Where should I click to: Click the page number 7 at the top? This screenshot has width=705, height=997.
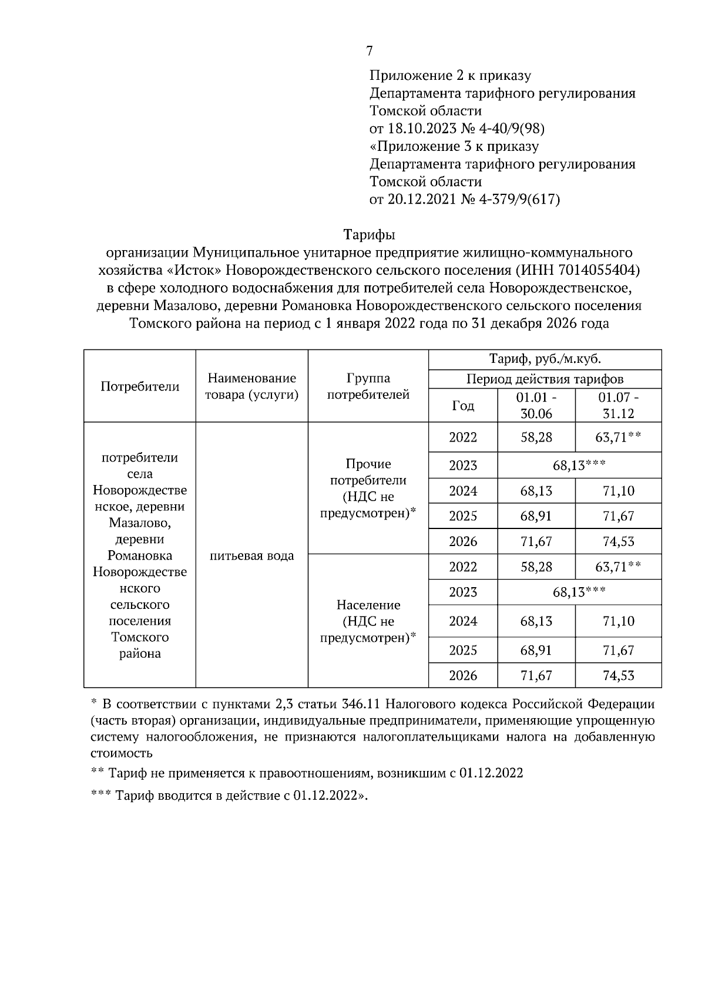pyautogui.click(x=369, y=51)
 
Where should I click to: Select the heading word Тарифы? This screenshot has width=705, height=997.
pyautogui.click(x=369, y=235)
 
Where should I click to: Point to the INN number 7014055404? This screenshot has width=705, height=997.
pyautogui.click(x=600, y=270)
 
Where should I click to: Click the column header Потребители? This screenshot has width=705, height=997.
pyautogui.click(x=140, y=386)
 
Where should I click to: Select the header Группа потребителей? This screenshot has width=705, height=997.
pyautogui.click(x=368, y=386)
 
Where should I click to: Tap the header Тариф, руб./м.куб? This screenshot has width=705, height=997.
pyautogui.click(x=545, y=359)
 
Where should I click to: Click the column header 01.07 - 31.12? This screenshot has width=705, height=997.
pyautogui.click(x=618, y=405)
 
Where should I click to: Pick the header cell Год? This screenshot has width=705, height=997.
pyautogui.click(x=463, y=406)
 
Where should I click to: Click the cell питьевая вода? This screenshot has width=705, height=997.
pyautogui.click(x=251, y=555)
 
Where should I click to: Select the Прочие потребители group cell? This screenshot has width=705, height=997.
pyautogui.click(x=368, y=488)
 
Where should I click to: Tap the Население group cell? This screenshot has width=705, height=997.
pyautogui.click(x=368, y=621)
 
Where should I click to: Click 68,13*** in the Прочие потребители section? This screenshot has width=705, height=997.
pyautogui.click(x=579, y=466)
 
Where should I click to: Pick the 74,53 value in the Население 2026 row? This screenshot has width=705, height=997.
pyautogui.click(x=618, y=675)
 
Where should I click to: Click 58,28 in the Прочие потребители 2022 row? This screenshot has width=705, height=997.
pyautogui.click(x=536, y=437)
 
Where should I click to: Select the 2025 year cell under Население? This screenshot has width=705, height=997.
pyautogui.click(x=463, y=650)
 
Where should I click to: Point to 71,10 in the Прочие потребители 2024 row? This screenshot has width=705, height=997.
pyautogui.click(x=618, y=491)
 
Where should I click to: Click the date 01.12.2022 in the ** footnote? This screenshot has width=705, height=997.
pyautogui.click(x=491, y=773)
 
